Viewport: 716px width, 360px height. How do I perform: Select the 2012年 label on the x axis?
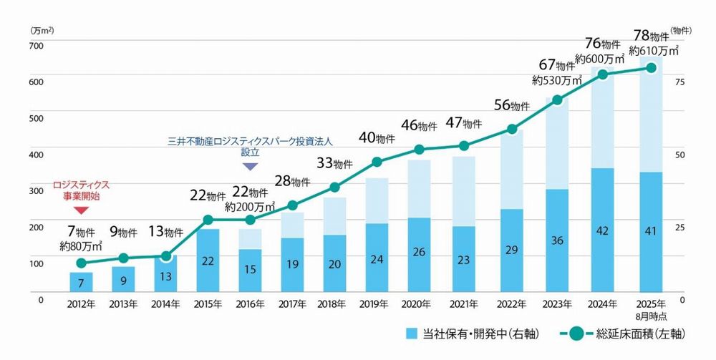(x=81, y=303)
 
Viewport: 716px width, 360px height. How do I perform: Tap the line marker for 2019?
(x=377, y=162)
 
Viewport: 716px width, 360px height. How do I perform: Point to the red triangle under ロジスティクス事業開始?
(x=81, y=210)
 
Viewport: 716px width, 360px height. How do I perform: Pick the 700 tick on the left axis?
(x=36, y=46)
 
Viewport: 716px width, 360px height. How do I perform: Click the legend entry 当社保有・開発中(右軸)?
(x=472, y=333)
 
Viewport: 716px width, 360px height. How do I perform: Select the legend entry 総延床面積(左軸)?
(x=631, y=333)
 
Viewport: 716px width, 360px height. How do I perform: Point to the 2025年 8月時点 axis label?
(x=650, y=308)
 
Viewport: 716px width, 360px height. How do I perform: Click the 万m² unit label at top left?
(x=43, y=31)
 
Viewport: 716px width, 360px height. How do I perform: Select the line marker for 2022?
(x=512, y=130)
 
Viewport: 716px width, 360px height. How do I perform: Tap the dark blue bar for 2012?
(x=81, y=282)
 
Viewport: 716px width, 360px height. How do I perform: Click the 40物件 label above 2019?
(x=377, y=138)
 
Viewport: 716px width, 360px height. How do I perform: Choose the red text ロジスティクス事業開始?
(x=81, y=190)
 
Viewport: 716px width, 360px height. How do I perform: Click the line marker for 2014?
(x=166, y=256)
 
